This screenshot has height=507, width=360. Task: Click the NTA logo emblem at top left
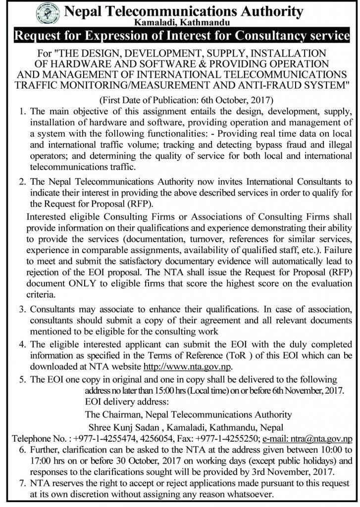coord(48,12)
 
